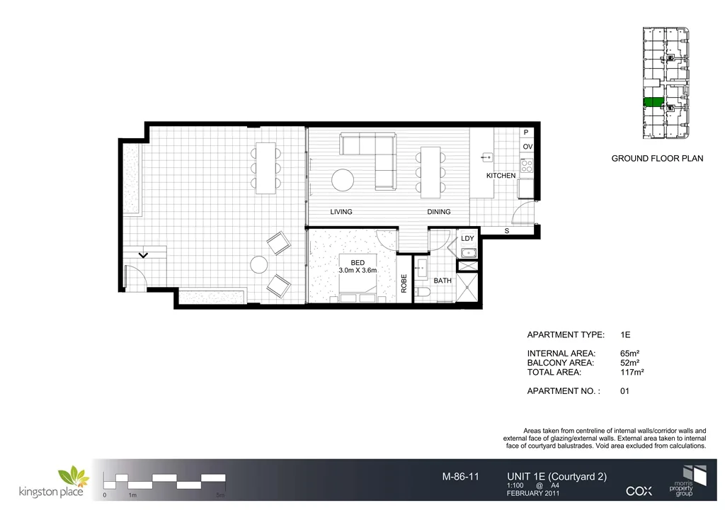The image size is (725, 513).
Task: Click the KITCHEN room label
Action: click(x=501, y=175)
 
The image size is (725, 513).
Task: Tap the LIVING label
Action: click(x=341, y=212)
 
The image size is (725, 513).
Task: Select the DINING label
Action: click(x=440, y=212)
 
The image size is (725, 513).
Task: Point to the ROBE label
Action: click(x=404, y=284)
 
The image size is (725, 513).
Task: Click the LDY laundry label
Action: click(x=467, y=239)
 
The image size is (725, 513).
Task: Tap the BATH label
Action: click(x=443, y=281)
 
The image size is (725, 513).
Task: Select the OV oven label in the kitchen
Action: click(x=527, y=147)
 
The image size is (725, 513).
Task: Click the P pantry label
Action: click(x=527, y=133)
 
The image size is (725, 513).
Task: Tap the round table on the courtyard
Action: click(x=259, y=264)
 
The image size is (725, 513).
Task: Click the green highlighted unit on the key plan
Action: click(x=653, y=102)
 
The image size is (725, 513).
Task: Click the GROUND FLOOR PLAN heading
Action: click(x=657, y=159)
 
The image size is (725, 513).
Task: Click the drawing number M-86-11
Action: click(x=460, y=477)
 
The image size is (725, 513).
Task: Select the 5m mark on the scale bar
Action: click(x=221, y=495)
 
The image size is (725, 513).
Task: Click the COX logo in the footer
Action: click(x=639, y=490)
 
